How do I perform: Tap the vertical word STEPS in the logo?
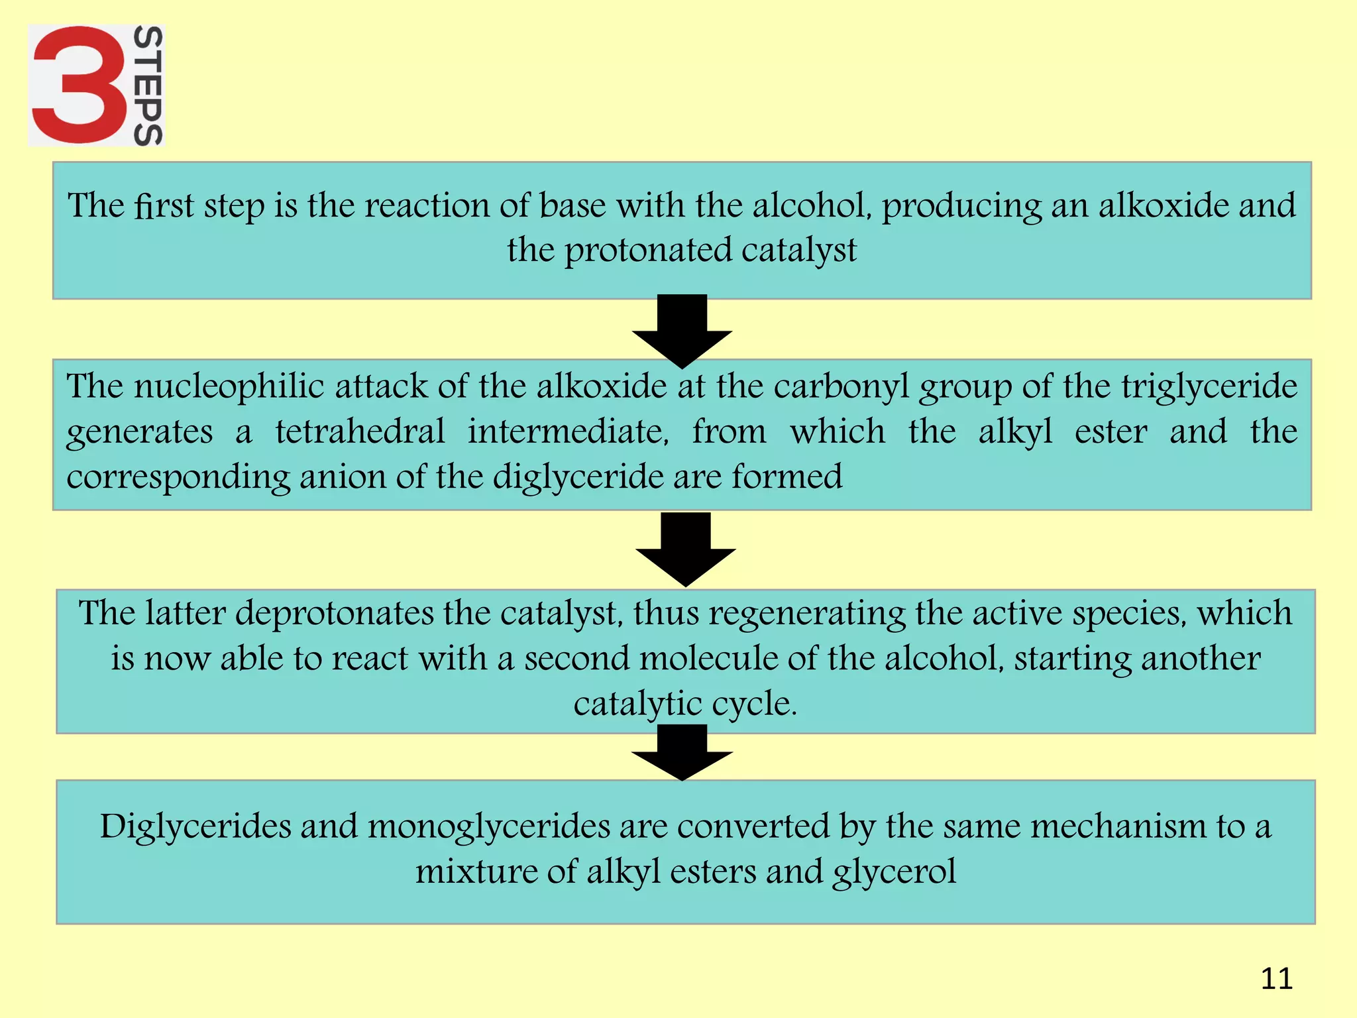(x=148, y=85)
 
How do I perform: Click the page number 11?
(x=1276, y=978)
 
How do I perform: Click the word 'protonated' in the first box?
(x=647, y=251)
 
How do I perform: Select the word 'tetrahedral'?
(x=360, y=431)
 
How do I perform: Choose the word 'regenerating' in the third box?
(x=806, y=614)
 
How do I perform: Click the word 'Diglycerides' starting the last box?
(x=195, y=827)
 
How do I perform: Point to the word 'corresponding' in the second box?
(x=178, y=477)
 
